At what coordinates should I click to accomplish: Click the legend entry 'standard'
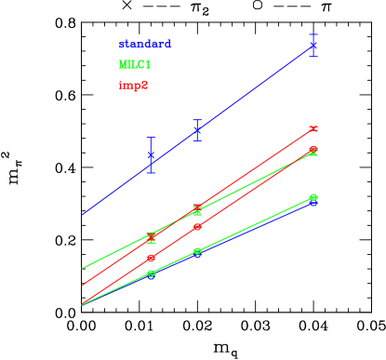(144, 44)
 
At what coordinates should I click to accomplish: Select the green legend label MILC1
(134, 64)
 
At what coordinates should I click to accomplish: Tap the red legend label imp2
(133, 85)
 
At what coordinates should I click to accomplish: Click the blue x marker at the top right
(313, 45)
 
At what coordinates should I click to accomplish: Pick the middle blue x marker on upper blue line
(197, 130)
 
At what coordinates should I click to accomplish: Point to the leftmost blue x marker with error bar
(151, 164)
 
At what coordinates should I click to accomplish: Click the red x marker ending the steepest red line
(313, 128)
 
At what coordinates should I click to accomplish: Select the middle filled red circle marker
(197, 227)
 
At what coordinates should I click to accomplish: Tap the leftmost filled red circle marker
(151, 258)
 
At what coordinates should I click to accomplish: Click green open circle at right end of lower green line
(313, 197)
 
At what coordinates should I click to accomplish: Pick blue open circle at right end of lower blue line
(313, 202)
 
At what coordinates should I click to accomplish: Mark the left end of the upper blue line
(82, 215)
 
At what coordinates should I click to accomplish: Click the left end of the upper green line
(82, 269)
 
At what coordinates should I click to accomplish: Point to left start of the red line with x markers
(82, 286)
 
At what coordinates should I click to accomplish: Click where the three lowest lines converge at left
(83, 304)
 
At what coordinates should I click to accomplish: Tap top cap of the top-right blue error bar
(313, 33)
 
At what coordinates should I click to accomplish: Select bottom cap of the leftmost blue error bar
(151, 173)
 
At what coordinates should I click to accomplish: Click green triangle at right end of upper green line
(313, 151)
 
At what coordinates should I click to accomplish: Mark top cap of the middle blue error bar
(197, 120)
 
